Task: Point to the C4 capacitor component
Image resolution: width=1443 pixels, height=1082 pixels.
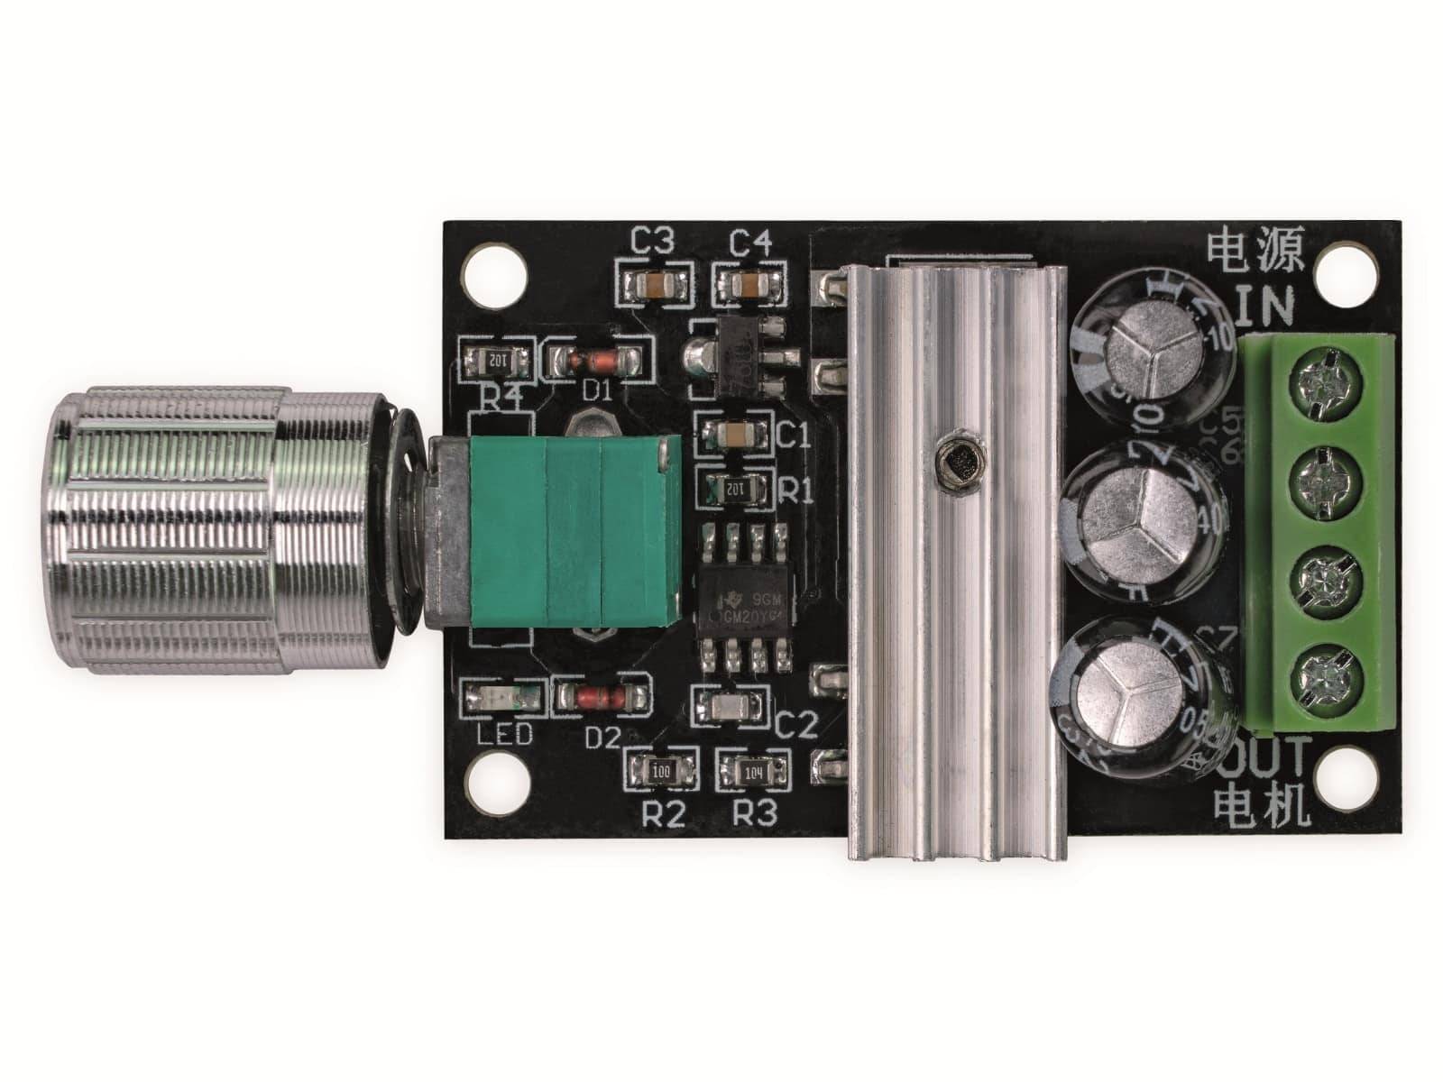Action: point(751,285)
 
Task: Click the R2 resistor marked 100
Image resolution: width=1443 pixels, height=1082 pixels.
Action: point(661,772)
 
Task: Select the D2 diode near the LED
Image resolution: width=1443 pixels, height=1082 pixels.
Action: point(602,696)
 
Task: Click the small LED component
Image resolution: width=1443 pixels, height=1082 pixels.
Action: point(503,696)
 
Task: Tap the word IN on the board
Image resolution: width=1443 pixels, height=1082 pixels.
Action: point(1264,307)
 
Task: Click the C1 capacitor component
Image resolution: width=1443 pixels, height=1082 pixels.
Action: point(738,436)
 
